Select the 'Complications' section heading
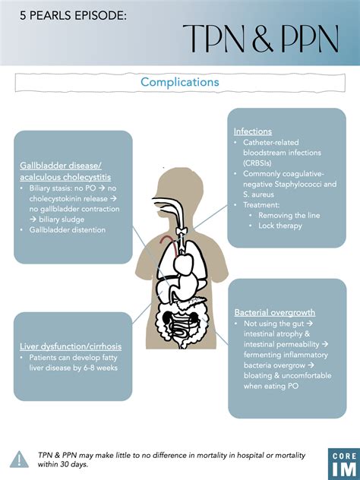coord(180,81)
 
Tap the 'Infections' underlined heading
coord(253,131)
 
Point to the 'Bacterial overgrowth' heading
coord(275,312)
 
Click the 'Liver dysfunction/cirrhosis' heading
coord(70,346)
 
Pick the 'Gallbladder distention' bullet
coord(68,229)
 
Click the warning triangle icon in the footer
coord(19,459)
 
